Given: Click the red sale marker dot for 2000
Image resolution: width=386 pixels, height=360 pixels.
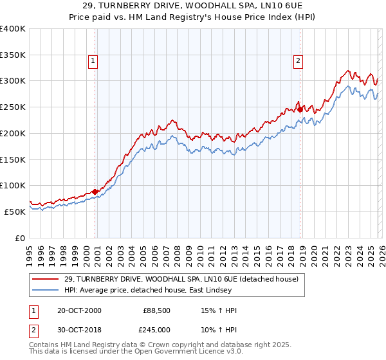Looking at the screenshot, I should coord(95,191).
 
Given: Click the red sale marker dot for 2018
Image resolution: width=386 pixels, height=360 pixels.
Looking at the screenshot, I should coord(300,109).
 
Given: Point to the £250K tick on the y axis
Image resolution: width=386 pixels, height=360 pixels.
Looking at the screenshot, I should coord(13,107).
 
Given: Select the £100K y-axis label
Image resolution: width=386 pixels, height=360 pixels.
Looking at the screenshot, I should coord(13,185).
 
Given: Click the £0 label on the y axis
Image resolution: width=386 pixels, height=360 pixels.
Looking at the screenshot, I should coord(19,238).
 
